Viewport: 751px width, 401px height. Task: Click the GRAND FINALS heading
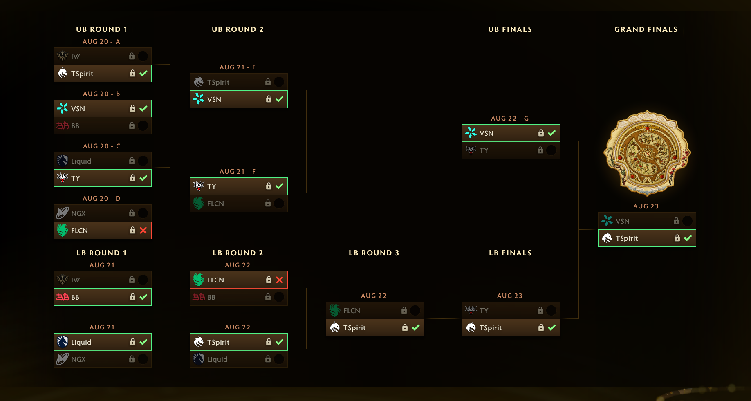(x=646, y=29)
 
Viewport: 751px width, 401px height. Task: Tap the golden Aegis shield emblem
(x=647, y=153)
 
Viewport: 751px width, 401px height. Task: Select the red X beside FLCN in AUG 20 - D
(x=143, y=231)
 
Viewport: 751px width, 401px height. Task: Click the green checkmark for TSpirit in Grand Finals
(x=688, y=238)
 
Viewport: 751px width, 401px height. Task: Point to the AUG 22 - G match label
(x=510, y=119)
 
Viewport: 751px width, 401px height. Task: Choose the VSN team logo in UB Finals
(x=471, y=133)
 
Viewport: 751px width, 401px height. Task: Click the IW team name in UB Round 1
(x=76, y=56)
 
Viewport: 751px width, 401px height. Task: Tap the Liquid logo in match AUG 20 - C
(x=63, y=161)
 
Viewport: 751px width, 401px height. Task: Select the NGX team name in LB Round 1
(x=78, y=359)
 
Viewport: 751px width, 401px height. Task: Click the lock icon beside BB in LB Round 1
(x=132, y=297)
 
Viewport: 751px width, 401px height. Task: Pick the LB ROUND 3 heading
(x=374, y=253)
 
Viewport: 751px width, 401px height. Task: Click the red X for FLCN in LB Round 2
(x=279, y=280)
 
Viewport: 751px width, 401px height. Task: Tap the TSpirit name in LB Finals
(x=491, y=328)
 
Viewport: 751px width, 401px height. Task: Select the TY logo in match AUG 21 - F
(x=199, y=186)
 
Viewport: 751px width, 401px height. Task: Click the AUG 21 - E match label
(x=238, y=67)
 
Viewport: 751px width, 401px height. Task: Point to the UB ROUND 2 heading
(x=238, y=29)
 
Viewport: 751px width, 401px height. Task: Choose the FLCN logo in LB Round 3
(x=335, y=310)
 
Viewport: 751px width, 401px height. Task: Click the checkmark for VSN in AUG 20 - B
(x=143, y=108)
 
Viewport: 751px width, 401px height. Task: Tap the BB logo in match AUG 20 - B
(x=63, y=126)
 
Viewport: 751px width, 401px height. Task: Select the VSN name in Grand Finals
(x=623, y=221)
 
